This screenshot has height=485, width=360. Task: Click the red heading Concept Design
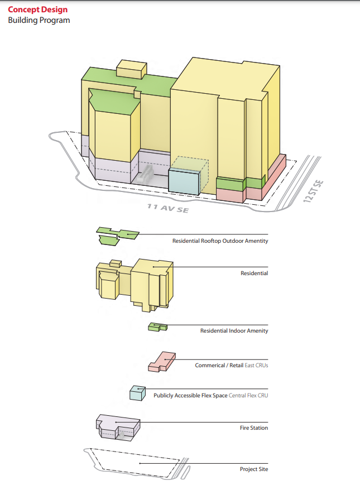[x=37, y=9]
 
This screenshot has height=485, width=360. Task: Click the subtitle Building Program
[x=39, y=20]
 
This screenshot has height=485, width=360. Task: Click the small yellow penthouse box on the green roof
[x=131, y=70]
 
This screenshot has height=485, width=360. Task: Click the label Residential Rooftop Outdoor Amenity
[x=220, y=241]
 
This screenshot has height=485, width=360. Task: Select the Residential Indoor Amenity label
[x=234, y=331]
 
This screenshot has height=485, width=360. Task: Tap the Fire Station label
[x=254, y=428]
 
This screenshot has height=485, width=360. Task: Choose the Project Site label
[x=254, y=469]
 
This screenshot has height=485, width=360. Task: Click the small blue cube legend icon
[x=137, y=393]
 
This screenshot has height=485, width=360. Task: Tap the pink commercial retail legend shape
[x=162, y=362]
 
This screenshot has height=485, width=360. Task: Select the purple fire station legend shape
[x=117, y=428]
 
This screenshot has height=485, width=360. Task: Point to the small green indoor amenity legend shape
[x=157, y=328]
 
